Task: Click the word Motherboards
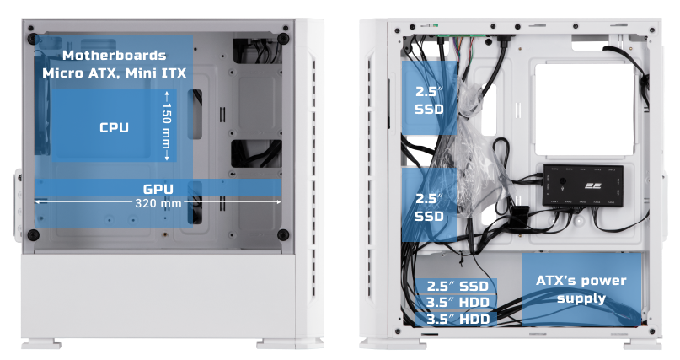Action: (114, 56)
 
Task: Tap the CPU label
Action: (114, 127)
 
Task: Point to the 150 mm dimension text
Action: (166, 126)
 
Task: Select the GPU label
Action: (158, 189)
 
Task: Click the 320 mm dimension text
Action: (158, 203)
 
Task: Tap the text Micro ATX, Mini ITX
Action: (115, 73)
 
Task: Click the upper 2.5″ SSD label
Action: (430, 100)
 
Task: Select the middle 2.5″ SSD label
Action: (430, 207)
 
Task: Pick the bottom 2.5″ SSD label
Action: (458, 287)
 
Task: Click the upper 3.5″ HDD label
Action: (458, 303)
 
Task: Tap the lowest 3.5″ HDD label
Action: (458, 320)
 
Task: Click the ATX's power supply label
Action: (581, 289)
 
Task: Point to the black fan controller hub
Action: (583, 185)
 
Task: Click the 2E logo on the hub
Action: (592, 185)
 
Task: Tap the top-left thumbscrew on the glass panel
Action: (33, 39)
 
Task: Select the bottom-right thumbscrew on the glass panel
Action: (283, 235)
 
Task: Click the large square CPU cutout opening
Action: (585, 110)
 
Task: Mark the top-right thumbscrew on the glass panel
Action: (283, 39)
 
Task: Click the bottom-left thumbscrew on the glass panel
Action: (34, 235)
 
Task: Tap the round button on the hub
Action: (563, 182)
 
